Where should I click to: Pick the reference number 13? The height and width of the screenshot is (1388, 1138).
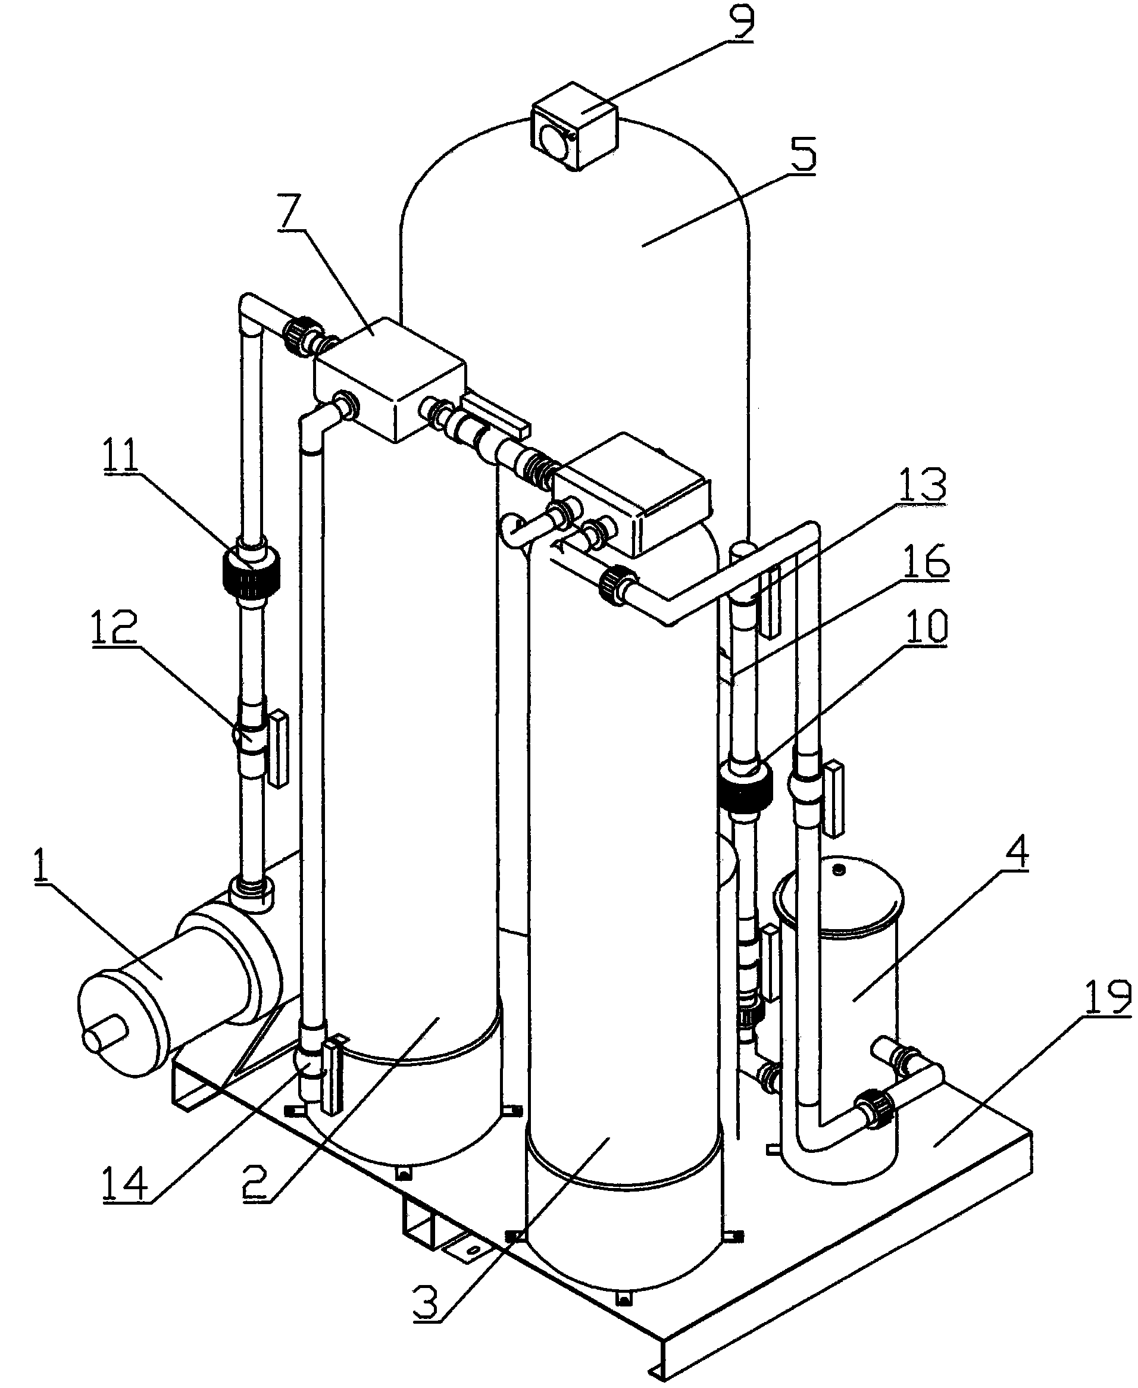(923, 485)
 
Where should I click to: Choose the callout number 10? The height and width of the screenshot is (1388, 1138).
(924, 627)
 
